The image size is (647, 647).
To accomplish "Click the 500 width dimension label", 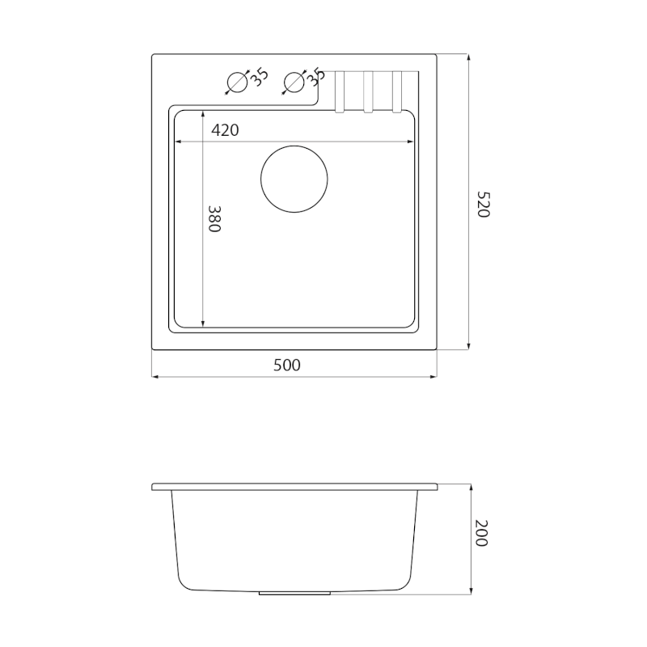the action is (x=287, y=366).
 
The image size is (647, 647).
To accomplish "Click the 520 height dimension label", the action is (x=483, y=205).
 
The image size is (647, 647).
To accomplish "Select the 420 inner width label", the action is (x=225, y=130).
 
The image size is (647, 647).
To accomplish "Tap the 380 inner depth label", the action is (x=214, y=219).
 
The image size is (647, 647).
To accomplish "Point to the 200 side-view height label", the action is (x=481, y=533).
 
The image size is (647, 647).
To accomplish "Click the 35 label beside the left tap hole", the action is (x=259, y=77).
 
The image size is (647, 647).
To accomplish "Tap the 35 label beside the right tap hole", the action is (x=316, y=77).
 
